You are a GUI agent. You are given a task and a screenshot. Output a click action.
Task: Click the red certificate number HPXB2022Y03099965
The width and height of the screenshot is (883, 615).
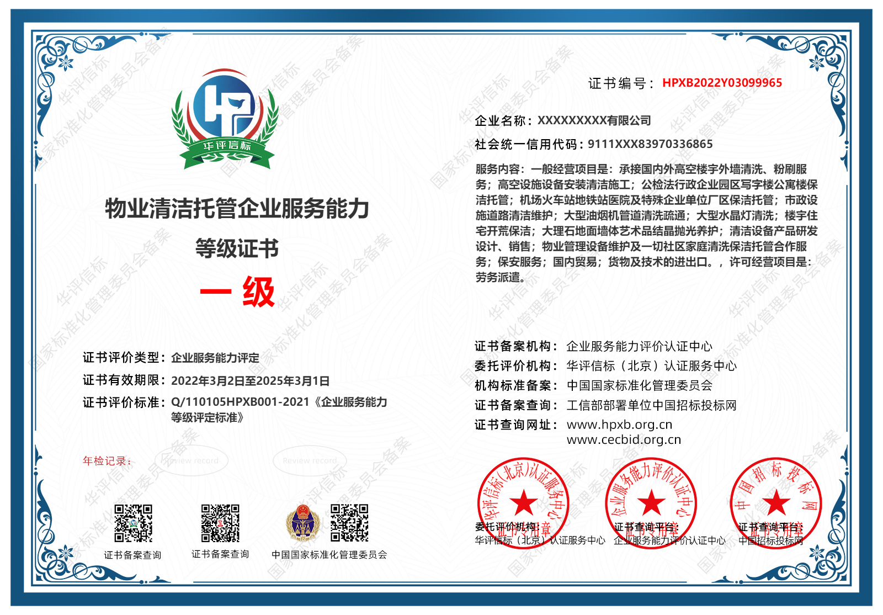click(722, 83)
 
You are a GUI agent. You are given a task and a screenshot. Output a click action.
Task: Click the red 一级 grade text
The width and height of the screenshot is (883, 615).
click(237, 291)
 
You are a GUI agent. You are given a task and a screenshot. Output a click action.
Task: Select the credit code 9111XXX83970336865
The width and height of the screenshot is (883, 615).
click(650, 144)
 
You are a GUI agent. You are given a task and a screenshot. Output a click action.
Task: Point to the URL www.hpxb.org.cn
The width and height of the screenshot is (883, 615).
click(619, 425)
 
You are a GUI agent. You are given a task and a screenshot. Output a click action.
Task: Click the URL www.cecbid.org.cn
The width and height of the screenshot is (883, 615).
click(624, 439)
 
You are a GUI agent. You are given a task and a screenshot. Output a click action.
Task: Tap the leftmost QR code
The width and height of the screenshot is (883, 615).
click(133, 523)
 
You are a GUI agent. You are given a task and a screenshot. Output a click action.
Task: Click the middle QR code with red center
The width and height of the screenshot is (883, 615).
click(220, 523)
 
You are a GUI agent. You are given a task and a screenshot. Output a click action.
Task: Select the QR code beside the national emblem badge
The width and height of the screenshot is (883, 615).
click(349, 523)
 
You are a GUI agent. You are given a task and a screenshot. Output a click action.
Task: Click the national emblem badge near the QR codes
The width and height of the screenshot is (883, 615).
click(302, 523)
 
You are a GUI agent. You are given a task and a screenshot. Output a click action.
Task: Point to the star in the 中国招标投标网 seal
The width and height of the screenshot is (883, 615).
click(776, 502)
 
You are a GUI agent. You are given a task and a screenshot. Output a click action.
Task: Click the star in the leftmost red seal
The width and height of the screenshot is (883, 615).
click(523, 502)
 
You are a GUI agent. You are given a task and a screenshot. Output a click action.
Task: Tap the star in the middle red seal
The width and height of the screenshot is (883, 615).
click(651, 502)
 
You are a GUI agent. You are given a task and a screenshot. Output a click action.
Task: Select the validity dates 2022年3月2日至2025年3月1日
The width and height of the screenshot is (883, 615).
click(251, 380)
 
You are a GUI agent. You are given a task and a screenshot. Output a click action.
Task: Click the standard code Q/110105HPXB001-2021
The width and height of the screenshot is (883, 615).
click(240, 402)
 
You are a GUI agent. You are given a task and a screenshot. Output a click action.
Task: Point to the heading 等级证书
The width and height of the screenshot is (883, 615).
click(237, 248)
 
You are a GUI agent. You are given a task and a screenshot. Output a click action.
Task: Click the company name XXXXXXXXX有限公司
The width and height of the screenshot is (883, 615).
click(594, 120)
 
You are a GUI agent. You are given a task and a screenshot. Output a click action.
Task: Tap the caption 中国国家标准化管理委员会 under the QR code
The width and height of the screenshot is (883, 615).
click(329, 554)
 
